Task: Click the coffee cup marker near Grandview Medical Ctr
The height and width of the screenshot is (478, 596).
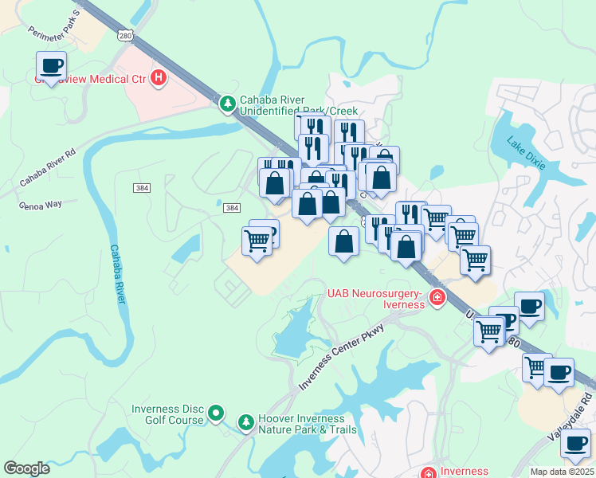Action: [52, 66]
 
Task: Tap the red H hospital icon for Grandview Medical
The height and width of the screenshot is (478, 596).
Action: [159, 78]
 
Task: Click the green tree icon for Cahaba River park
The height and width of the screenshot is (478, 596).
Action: [228, 103]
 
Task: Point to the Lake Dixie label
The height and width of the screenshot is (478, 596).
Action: [527, 152]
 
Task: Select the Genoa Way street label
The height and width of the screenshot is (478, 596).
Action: [40, 204]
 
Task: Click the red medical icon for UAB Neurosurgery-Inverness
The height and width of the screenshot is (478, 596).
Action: [437, 298]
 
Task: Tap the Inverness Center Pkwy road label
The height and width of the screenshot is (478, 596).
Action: [342, 357]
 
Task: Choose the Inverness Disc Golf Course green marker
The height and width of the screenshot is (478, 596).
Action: [216, 413]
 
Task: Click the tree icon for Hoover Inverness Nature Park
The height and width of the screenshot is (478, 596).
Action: [246, 420]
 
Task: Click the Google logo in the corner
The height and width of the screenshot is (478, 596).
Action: [27, 468]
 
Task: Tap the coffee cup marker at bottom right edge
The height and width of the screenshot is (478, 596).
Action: [575, 444]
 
